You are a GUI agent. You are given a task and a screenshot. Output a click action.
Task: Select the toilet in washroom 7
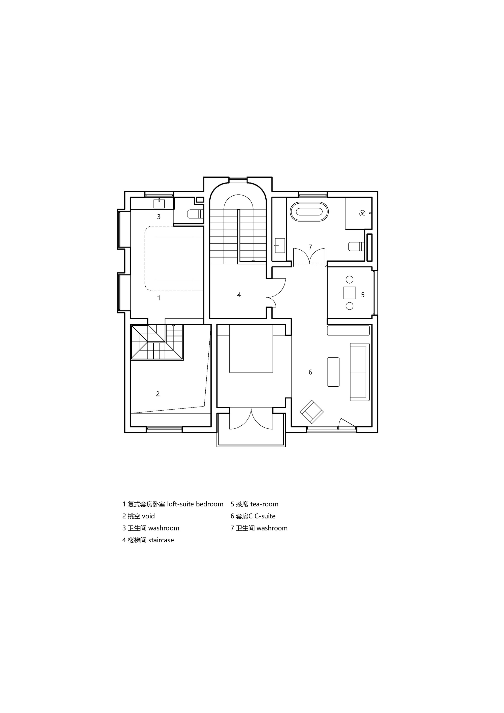[357, 246]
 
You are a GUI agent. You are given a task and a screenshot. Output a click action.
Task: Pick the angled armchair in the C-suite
[311, 412]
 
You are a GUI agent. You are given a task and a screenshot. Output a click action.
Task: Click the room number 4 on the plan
[239, 295]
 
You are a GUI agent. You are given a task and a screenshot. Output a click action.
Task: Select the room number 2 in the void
[158, 394]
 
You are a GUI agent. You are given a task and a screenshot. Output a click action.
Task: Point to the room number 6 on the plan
[310, 372]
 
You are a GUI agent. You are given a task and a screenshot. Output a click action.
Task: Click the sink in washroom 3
[159, 203]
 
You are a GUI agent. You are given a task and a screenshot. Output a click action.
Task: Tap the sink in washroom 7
[280, 245]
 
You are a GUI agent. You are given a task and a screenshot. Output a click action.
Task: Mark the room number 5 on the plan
[363, 295]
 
